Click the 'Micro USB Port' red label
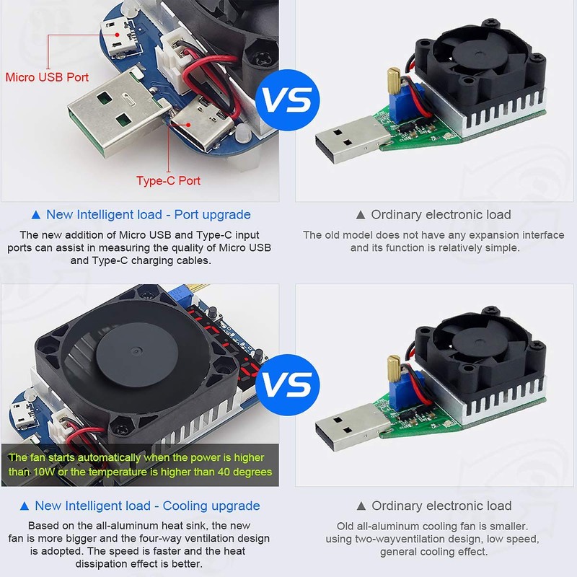(48, 76)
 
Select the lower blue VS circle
(288, 382)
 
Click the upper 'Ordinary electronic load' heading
(434, 214)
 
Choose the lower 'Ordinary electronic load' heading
(434, 506)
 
